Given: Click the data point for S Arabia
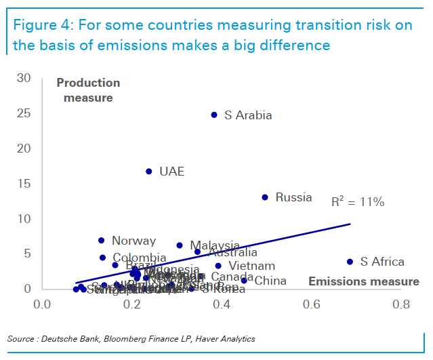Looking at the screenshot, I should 214,115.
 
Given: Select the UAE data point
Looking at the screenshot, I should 149,172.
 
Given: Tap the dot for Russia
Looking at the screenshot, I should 265,197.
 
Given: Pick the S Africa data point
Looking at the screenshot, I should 350,262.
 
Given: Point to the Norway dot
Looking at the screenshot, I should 102,241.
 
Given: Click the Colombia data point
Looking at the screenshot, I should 102,258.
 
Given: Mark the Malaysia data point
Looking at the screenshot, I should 180,245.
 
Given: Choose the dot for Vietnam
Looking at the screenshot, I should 218,266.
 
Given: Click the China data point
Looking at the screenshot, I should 244,281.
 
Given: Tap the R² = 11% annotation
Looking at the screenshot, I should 357,202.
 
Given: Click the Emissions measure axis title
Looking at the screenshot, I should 364,281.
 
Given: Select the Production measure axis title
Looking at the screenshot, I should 88,90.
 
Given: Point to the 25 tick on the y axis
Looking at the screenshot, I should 24,113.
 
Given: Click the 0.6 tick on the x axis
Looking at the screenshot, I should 311,304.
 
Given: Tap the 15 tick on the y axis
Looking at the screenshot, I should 24,184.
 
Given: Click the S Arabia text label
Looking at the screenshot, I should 248,115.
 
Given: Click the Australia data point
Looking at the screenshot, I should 197,252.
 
